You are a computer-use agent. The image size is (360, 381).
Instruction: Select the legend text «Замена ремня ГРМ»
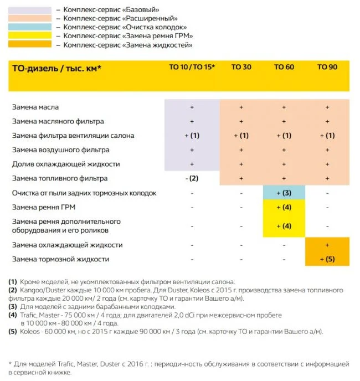point(128,36)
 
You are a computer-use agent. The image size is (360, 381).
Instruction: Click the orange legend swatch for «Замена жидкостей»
point(31,44)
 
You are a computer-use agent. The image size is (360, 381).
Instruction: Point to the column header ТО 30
point(241,67)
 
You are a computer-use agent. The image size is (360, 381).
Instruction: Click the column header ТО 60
point(284,67)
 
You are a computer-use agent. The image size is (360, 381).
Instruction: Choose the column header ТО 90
point(327,67)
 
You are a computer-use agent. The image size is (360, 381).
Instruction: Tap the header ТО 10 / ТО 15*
point(192,67)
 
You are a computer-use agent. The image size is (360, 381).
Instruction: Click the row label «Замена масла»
point(35,107)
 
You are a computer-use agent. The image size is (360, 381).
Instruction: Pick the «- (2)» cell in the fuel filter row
point(192,178)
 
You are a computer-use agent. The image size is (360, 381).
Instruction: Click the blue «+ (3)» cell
point(284,193)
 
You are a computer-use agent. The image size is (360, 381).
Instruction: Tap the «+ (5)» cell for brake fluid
point(327,259)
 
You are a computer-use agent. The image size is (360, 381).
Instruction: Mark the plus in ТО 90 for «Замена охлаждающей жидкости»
point(327,245)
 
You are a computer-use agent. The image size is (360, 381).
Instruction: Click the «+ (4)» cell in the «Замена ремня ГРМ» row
point(284,207)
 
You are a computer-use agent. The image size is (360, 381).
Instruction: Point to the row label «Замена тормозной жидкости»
point(61,259)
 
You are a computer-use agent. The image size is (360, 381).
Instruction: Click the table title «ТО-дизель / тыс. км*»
point(56,69)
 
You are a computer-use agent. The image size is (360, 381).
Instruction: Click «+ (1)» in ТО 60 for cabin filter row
point(284,136)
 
